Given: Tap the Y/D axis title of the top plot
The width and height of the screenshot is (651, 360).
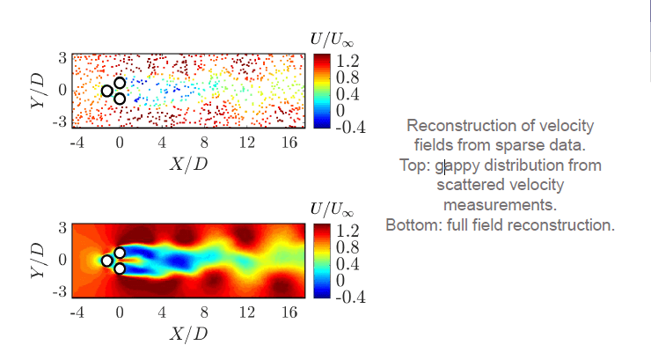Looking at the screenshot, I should coord(36,90).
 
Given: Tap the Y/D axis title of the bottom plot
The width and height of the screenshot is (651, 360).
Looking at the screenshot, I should coord(36,260).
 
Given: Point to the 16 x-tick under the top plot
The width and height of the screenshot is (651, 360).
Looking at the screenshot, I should coord(288,143).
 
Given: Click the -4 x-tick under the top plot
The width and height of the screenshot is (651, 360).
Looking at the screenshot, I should coord(77,143).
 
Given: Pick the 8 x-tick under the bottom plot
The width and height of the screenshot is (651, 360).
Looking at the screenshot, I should coord(204,312).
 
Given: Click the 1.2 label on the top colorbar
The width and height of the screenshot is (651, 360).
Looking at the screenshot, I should coord(347,61).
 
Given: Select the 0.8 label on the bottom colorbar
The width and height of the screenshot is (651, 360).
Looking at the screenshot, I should coord(347,247).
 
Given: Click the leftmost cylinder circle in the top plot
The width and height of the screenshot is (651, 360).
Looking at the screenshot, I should coord(106,91).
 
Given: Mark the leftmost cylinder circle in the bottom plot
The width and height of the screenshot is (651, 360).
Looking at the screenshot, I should coord(106,261).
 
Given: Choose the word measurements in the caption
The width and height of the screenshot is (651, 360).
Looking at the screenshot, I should coord(500,204).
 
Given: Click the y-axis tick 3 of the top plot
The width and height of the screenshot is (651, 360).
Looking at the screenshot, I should coord(62,57).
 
